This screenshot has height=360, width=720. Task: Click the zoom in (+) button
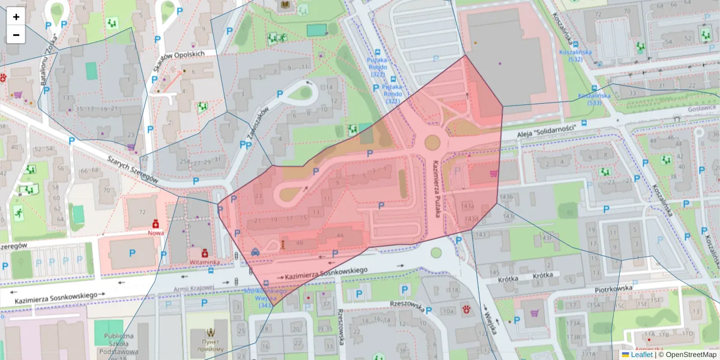[x=16, y=17]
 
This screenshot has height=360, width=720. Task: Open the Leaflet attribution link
[x=641, y=355]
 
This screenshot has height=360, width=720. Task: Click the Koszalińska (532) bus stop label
[x=575, y=56]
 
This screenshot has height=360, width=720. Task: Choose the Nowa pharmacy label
[x=155, y=232]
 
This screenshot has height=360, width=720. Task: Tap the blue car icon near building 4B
[x=256, y=252]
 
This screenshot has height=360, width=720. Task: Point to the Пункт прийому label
[x=209, y=345]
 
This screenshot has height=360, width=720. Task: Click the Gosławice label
[x=703, y=108]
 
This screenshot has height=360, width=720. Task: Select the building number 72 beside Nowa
[x=142, y=212]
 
